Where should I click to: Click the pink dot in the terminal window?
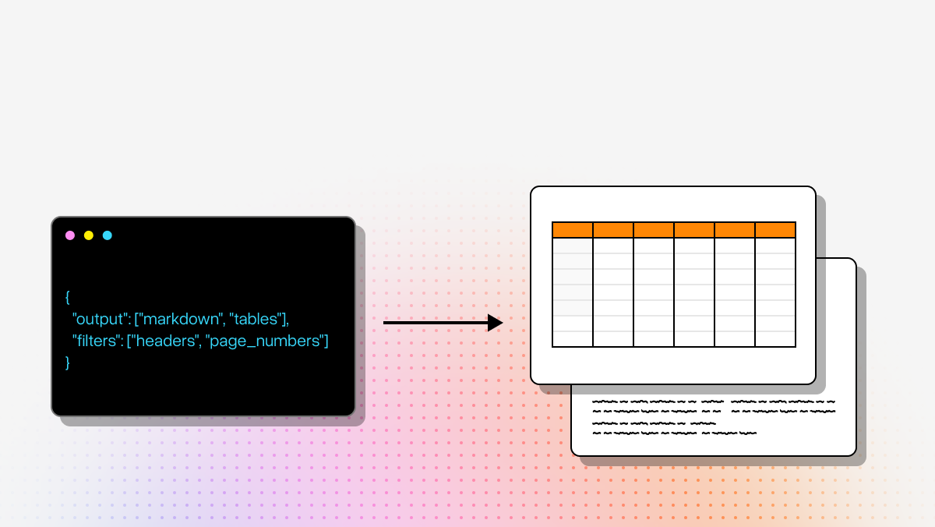(x=70, y=235)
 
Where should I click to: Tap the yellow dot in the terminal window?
(x=89, y=235)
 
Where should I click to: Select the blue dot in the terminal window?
(x=108, y=235)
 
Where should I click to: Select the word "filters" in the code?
(x=97, y=341)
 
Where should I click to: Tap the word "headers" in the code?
(x=165, y=341)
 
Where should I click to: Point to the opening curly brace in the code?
(x=68, y=297)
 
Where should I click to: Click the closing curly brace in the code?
(x=68, y=363)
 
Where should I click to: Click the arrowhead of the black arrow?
(x=495, y=323)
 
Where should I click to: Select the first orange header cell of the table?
(x=573, y=230)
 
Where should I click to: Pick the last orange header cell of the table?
(x=775, y=230)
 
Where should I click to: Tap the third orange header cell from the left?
(x=654, y=230)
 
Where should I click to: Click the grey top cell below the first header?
(x=573, y=246)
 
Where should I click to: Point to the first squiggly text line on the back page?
(x=713, y=402)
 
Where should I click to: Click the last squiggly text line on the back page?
(x=674, y=433)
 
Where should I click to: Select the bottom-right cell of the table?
(x=775, y=339)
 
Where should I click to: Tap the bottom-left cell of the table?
(x=573, y=339)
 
